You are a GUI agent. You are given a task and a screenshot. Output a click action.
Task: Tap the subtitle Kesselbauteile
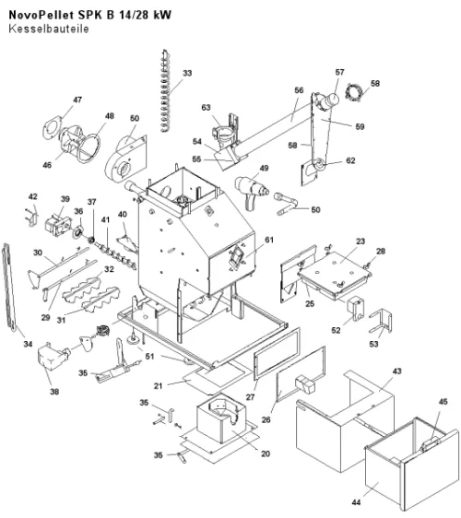coord(49,29)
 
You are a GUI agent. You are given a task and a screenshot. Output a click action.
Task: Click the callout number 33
coord(187,73)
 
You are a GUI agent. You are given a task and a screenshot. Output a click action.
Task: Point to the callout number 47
coord(77,100)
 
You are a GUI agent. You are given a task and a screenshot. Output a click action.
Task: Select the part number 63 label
coord(206,107)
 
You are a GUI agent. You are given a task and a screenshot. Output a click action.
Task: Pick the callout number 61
coord(269,240)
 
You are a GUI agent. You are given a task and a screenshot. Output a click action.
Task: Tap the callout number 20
coord(266,453)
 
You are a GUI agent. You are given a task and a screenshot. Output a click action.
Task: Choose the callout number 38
coord(54,392)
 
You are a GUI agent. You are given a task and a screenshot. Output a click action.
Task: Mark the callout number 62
coord(350,160)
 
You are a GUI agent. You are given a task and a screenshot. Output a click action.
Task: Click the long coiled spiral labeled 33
coord(165,91)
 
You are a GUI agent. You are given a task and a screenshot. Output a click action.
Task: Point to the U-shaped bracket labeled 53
coord(381,322)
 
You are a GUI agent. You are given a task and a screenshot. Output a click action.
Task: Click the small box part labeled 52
coord(355,309)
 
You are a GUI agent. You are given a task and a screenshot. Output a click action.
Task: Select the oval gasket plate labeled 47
coord(52,127)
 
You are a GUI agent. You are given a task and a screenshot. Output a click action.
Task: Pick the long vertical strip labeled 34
coord(9,287)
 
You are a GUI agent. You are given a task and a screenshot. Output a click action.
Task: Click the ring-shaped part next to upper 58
coord(354,92)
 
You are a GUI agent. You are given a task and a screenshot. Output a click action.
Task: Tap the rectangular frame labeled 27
coord(277,354)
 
